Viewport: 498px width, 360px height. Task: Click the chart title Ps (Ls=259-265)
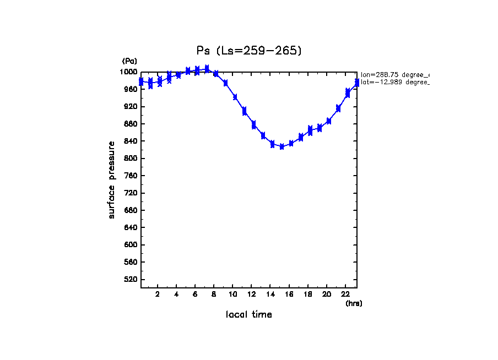[x=249, y=51]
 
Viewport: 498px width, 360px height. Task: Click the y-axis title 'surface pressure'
[x=112, y=179]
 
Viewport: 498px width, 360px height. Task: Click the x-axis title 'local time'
[x=249, y=315]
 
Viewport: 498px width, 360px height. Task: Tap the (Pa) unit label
[x=129, y=61]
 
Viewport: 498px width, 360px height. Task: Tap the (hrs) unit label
[x=354, y=303]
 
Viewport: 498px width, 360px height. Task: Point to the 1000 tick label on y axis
[x=129, y=72]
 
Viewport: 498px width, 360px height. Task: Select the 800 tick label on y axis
[x=131, y=159]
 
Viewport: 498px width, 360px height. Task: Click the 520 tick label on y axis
[x=131, y=280]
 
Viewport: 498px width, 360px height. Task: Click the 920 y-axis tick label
[x=131, y=107]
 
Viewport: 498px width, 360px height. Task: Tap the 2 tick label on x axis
[x=158, y=294]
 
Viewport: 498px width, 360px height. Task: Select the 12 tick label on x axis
[x=251, y=294]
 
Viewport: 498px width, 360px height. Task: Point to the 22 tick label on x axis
[x=345, y=294]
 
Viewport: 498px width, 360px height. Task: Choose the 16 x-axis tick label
[x=289, y=294]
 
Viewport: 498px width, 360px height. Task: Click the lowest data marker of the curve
[x=282, y=146]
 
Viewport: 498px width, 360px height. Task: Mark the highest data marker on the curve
[x=207, y=69]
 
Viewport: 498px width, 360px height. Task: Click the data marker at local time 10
[x=235, y=97]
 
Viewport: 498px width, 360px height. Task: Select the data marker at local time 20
[x=329, y=121]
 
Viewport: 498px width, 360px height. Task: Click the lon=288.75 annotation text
[x=394, y=74]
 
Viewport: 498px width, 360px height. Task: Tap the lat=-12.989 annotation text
[x=394, y=82]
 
